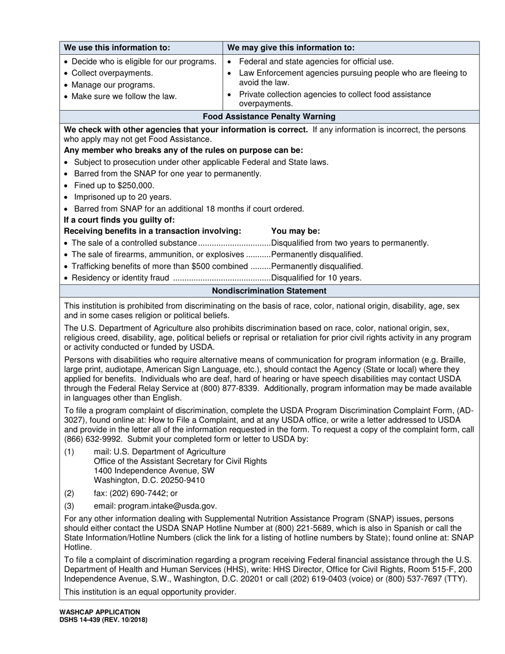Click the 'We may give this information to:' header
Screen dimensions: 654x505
pyautogui.click(x=291, y=47)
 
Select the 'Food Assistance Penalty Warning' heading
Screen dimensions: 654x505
pyautogui.click(x=269, y=116)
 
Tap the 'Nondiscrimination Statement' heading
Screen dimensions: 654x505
pyautogui.click(x=269, y=291)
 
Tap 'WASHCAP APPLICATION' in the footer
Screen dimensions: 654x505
pyautogui.click(x=100, y=612)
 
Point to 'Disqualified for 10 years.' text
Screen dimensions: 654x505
pyautogui.click(x=316, y=278)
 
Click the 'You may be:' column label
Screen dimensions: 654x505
pyautogui.click(x=295, y=231)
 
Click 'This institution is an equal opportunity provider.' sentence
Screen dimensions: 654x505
pyautogui.click(x=150, y=592)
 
